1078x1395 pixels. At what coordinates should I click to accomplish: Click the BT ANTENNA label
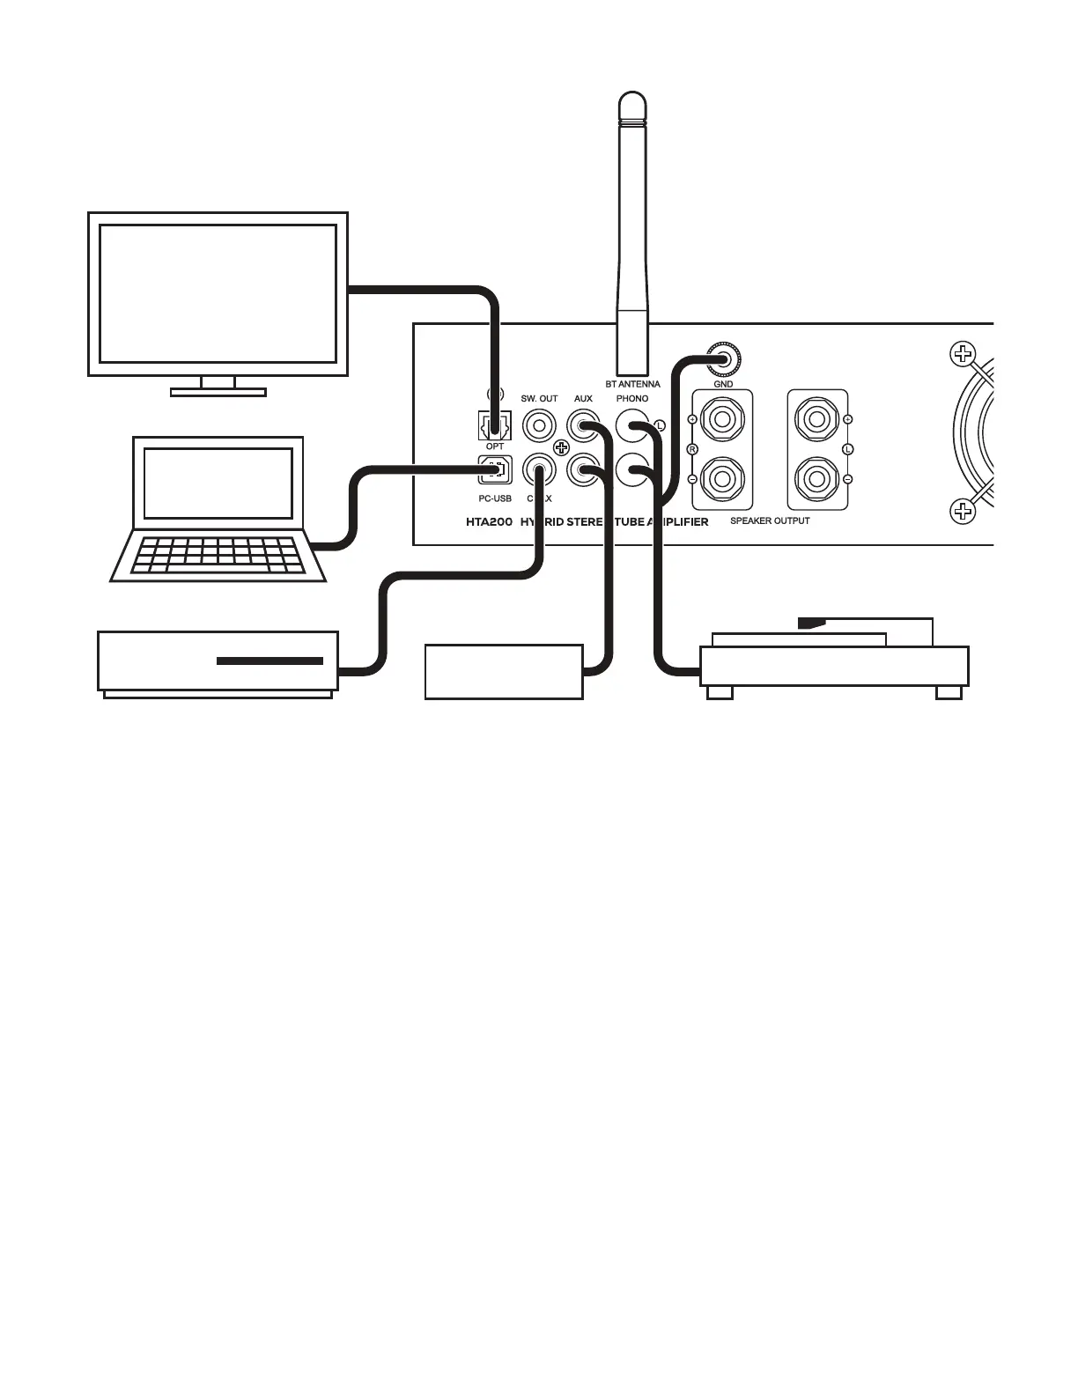[632, 384]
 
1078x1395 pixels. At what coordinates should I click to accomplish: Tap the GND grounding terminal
[724, 358]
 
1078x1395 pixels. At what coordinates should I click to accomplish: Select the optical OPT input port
[494, 427]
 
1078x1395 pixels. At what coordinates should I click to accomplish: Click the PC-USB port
[494, 469]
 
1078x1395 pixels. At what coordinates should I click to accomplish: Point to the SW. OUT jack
[539, 427]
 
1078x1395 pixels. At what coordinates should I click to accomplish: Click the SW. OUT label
[539, 399]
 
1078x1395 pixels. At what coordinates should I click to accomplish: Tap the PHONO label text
[632, 399]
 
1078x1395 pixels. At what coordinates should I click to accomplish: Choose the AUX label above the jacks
[583, 399]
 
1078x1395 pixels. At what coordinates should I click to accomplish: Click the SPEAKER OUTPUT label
[770, 520]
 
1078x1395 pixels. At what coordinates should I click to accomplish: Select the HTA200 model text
[489, 521]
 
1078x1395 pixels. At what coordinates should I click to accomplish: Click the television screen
[218, 293]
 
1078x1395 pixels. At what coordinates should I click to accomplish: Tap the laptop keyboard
[218, 556]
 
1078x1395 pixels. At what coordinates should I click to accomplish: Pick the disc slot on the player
[269, 661]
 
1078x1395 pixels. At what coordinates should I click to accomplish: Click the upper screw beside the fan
[963, 355]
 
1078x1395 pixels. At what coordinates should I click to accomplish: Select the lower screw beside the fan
[963, 510]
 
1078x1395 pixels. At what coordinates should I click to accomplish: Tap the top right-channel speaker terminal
[722, 419]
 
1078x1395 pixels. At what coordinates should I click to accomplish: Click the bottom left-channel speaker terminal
[817, 480]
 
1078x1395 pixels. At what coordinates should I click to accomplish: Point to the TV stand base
[218, 392]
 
